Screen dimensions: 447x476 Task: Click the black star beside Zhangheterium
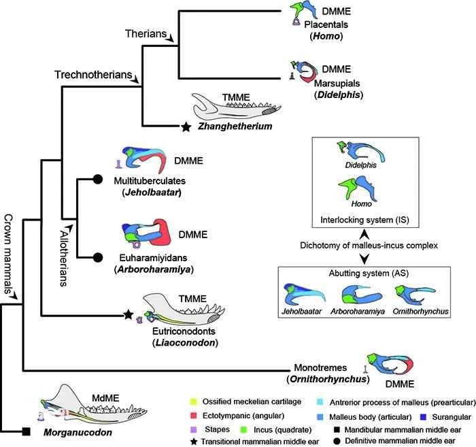[184, 126]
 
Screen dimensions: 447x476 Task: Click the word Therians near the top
[145, 33]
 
